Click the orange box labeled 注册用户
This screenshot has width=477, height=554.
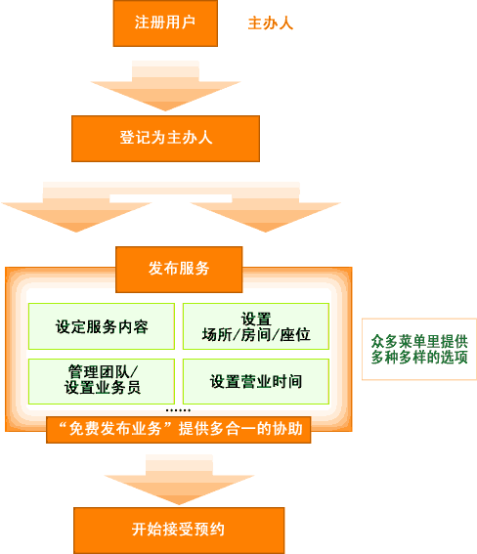[x=165, y=23]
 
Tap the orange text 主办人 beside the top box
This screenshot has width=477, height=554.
[x=271, y=23]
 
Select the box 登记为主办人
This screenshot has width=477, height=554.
[x=166, y=139]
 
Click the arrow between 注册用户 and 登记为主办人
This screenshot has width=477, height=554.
[x=165, y=86]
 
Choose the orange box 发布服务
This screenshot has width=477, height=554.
[x=179, y=270]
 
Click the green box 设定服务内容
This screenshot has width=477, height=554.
[x=102, y=326]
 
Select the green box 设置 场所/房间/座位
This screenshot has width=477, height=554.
[x=256, y=326]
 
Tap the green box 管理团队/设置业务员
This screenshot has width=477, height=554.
[x=102, y=381]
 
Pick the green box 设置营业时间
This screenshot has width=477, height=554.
[x=256, y=381]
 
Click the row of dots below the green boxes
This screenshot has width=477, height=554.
[x=179, y=410]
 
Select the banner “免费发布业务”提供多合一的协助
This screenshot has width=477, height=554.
[x=179, y=430]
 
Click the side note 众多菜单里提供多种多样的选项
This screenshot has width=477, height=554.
[x=419, y=349]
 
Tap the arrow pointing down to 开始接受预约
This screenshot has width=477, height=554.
[x=179, y=480]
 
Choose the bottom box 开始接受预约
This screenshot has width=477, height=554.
[x=179, y=530]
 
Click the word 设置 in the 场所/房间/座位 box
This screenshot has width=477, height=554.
[x=256, y=319]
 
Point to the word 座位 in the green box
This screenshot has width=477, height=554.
[x=295, y=334]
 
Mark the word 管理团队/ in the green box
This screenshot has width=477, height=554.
[x=103, y=372]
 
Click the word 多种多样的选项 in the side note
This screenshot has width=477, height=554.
[x=419, y=358]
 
